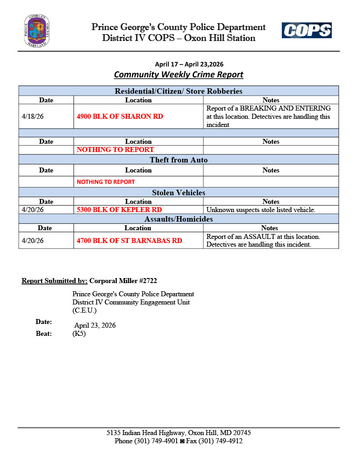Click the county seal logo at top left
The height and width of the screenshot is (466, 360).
point(37,31)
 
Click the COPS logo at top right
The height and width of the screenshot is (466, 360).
point(306,30)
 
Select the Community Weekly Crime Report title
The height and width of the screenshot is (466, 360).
point(178,75)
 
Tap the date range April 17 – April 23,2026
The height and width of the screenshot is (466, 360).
point(189,64)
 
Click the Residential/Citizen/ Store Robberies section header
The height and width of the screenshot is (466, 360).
point(178,91)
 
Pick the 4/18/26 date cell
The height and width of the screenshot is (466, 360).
point(33,116)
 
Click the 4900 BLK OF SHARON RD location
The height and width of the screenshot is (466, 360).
point(120,116)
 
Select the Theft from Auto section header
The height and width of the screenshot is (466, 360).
point(178,160)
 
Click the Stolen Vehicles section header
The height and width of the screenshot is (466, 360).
point(178,192)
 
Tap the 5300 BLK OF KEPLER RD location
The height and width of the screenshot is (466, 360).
point(119,210)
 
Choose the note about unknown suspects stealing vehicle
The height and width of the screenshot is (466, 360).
point(261,210)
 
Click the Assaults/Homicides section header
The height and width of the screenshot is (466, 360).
point(178,219)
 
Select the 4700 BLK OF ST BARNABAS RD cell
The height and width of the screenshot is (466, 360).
point(129,240)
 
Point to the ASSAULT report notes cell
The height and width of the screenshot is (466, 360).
point(263,240)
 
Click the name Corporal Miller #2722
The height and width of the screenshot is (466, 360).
point(123,281)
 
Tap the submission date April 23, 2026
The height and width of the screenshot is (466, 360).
point(95,325)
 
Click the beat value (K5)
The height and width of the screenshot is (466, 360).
point(79,334)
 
